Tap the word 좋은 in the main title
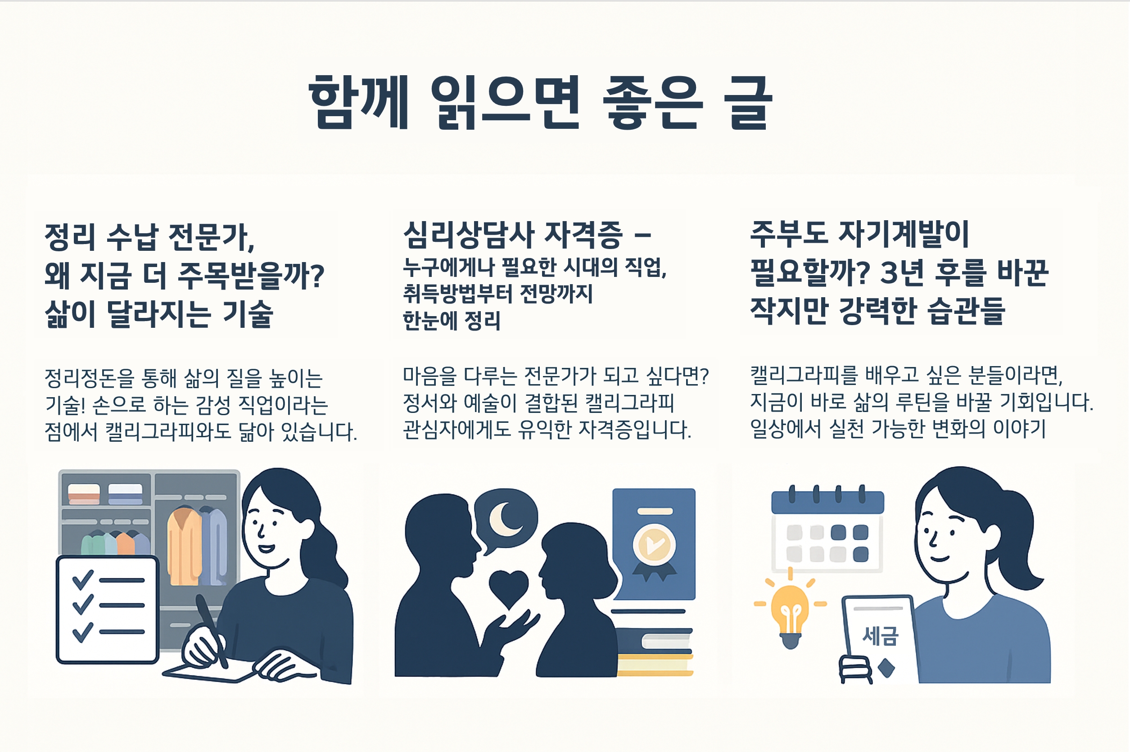pos(652,103)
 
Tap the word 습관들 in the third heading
pos(966,311)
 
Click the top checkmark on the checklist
pos(82,580)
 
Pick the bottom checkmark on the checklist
pos(82,632)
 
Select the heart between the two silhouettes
pos(508,588)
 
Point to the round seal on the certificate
pos(654,545)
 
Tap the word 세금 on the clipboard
pos(880,636)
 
